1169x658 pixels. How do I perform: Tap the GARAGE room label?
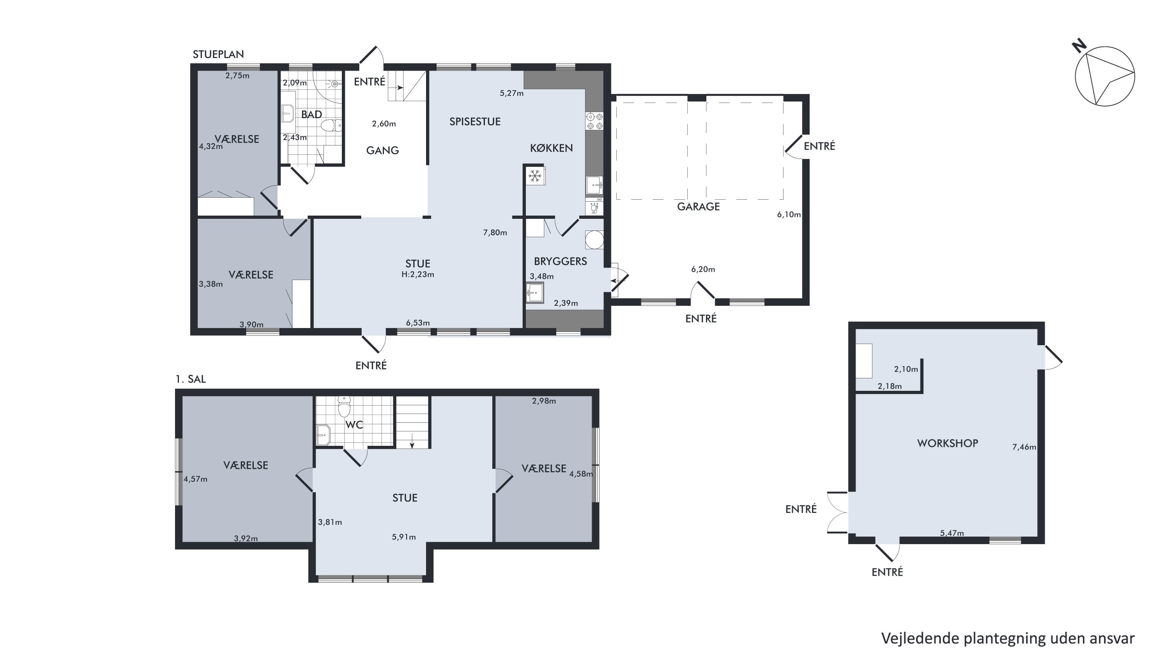point(699,207)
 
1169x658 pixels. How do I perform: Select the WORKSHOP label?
point(948,443)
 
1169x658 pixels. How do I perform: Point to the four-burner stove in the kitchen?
point(594,121)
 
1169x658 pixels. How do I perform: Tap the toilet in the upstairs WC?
point(344,407)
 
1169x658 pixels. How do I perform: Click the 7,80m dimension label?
point(495,232)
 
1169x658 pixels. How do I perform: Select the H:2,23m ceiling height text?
point(418,274)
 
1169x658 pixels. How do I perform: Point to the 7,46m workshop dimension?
point(1024,447)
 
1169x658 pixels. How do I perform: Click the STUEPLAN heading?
point(218,54)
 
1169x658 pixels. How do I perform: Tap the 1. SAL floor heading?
point(191,379)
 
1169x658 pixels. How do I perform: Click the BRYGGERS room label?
point(561,261)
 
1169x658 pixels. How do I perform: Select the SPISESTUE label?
point(475,121)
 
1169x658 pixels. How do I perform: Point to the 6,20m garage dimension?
point(703,269)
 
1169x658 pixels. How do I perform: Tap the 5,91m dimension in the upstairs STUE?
point(404,537)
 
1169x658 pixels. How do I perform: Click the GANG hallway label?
point(382,150)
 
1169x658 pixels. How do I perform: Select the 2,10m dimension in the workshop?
point(906,369)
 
